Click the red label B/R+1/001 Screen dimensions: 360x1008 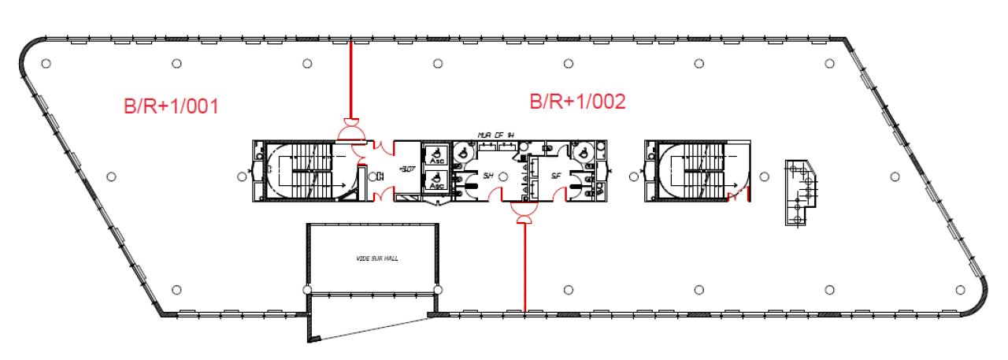click(x=172, y=107)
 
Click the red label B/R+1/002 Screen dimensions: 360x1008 click(x=578, y=102)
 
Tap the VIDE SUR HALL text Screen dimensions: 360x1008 click(x=372, y=257)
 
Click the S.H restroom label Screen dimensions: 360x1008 click(x=488, y=175)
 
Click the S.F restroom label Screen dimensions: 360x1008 click(x=556, y=175)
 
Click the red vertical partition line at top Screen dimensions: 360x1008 click(x=350, y=79)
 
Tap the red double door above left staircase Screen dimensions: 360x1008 click(x=350, y=132)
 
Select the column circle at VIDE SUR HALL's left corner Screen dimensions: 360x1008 click(x=306, y=290)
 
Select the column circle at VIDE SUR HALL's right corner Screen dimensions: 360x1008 click(x=437, y=290)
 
